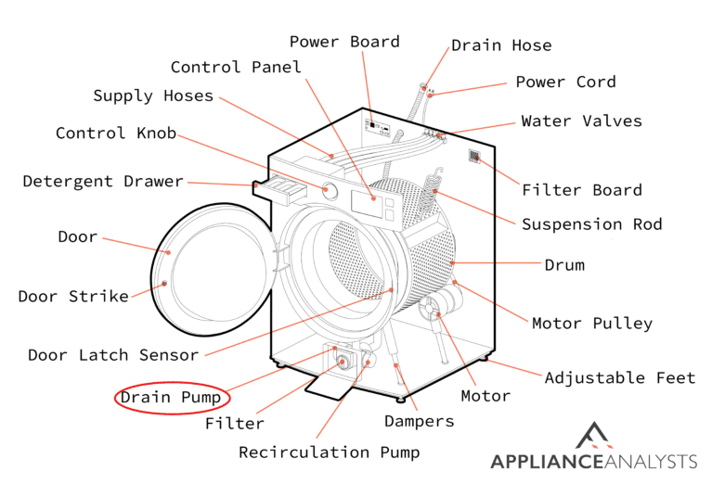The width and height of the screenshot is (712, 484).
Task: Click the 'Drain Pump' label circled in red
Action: click(172, 399)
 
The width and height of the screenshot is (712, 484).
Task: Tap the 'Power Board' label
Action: click(344, 42)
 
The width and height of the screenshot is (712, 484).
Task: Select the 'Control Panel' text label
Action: click(236, 67)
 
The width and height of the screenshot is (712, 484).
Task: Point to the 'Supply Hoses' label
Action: click(153, 96)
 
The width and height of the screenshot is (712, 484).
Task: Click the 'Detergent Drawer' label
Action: click(103, 181)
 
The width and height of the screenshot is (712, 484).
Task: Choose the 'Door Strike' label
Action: click(73, 297)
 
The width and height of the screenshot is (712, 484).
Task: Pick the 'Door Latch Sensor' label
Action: click(112, 355)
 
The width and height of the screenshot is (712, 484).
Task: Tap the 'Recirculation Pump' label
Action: click(329, 452)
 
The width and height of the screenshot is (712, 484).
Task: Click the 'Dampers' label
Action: click(420, 421)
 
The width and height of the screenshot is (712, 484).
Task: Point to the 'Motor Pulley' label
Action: click(591, 324)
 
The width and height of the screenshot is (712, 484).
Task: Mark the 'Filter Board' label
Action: click(581, 190)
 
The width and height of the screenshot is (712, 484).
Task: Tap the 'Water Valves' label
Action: click(581, 121)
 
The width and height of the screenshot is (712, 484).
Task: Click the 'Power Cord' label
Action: click(565, 82)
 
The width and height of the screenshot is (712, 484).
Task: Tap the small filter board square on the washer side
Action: click(474, 157)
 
